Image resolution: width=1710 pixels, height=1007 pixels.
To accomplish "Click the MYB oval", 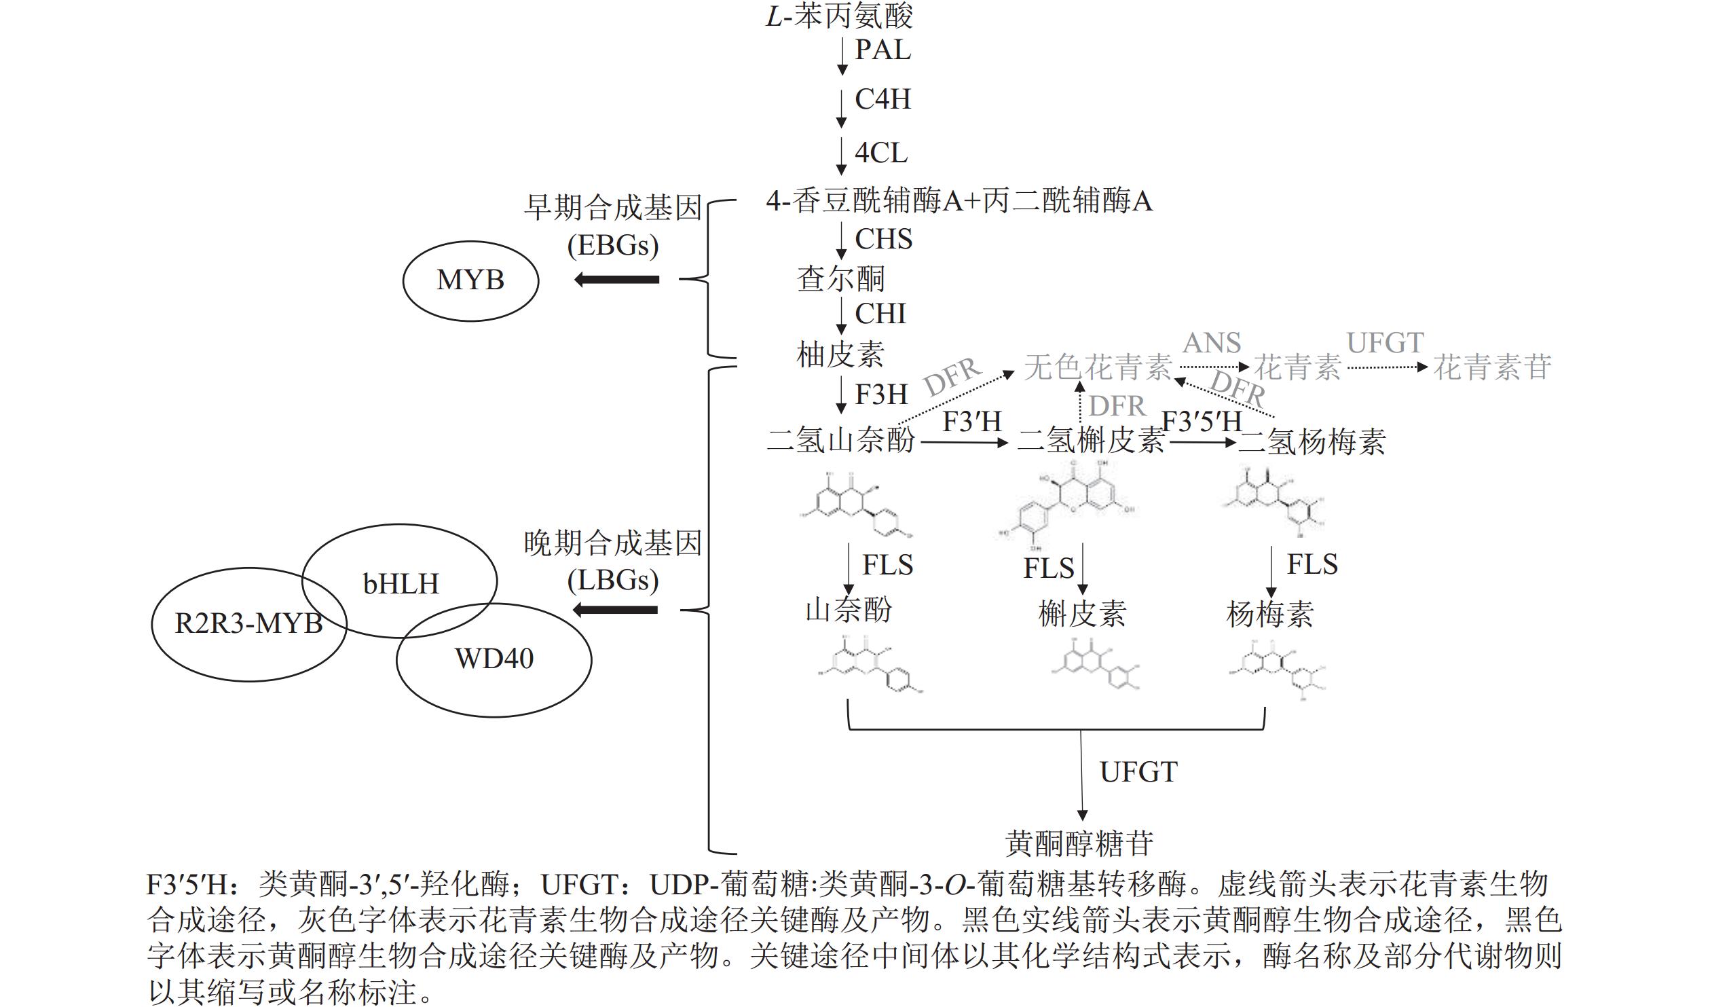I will coord(470,280).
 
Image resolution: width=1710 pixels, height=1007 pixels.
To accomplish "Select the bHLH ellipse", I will coord(401,583).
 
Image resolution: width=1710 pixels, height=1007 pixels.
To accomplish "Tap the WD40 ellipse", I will coord(494,658).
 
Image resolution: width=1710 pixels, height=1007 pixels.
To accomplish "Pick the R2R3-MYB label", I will coord(248,623).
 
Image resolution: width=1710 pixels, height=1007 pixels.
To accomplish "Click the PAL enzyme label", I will coord(882,50).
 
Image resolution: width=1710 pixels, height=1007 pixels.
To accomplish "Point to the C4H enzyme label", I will coord(882,99).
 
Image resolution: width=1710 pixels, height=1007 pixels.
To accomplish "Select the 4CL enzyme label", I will coord(880,153).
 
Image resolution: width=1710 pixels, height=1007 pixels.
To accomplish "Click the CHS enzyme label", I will coord(883,239).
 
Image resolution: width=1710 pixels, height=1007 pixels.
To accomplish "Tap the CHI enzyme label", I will coord(880,314).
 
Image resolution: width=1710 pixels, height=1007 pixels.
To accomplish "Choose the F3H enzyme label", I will coord(881,395).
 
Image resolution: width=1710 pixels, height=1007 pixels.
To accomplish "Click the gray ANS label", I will coord(1212,343).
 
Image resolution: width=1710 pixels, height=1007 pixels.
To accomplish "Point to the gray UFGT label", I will coord(1385,343).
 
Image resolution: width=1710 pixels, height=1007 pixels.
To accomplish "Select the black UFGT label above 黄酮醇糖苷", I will coord(1138,772).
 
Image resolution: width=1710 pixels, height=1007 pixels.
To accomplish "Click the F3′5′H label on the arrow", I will coord(1202,422).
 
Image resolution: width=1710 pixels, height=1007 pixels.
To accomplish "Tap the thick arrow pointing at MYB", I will coord(616,279).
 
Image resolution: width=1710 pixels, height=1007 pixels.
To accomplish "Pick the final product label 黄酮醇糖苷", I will coord(1079,843).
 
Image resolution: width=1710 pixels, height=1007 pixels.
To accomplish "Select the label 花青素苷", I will coord(1492,367).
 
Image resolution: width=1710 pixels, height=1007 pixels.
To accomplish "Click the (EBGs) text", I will coord(613,245).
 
